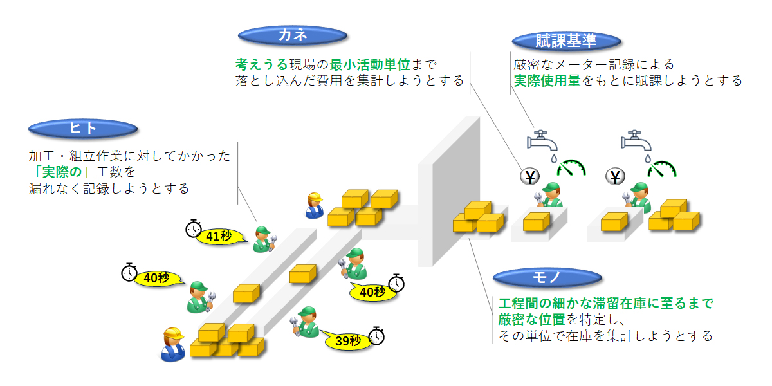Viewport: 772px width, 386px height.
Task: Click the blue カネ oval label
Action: [293, 35]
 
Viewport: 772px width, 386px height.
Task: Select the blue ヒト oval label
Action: [83, 129]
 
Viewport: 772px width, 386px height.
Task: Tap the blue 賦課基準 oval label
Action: [566, 41]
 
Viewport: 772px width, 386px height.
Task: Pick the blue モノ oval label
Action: [547, 278]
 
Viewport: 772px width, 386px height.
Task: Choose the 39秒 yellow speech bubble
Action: [347, 341]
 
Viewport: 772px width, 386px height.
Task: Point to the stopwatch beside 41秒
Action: [194, 228]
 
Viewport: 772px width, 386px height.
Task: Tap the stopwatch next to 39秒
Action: [377, 336]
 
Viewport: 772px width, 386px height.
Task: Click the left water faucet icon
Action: [542, 141]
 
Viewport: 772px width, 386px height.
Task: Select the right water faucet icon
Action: [636, 141]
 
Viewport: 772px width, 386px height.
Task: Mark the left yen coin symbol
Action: [529, 176]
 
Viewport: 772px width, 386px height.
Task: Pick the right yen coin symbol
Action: [615, 176]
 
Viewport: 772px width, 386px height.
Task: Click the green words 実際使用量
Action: [547, 80]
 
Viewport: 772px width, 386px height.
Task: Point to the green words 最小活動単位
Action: [370, 64]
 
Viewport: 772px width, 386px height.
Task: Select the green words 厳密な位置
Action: [532, 320]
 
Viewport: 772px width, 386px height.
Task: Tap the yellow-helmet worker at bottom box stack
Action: [173, 344]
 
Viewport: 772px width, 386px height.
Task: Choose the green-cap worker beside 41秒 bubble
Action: [264, 239]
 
